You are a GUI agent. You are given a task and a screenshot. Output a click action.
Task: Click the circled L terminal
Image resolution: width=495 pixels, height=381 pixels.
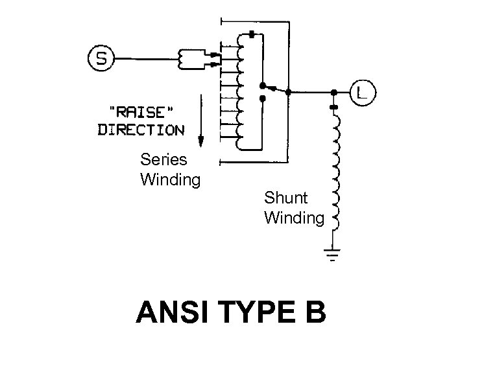(x=361, y=92)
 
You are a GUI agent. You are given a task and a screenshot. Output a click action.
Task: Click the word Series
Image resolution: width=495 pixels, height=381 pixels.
(x=163, y=159)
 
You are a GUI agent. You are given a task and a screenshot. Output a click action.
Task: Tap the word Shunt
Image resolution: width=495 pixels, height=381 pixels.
(x=285, y=197)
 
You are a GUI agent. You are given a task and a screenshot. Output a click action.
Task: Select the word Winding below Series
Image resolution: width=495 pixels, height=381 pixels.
(x=171, y=178)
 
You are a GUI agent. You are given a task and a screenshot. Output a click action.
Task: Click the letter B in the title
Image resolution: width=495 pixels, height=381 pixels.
(x=313, y=312)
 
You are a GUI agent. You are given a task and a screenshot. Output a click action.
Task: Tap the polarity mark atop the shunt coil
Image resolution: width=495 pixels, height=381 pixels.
(x=333, y=106)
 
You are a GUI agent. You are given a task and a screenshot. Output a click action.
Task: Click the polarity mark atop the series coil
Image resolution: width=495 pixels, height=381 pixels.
(x=250, y=33)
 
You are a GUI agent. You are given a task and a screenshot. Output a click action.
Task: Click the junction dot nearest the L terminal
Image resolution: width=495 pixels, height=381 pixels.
(x=333, y=92)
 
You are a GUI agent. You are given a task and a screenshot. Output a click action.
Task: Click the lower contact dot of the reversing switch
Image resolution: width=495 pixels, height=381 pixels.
(x=261, y=98)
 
